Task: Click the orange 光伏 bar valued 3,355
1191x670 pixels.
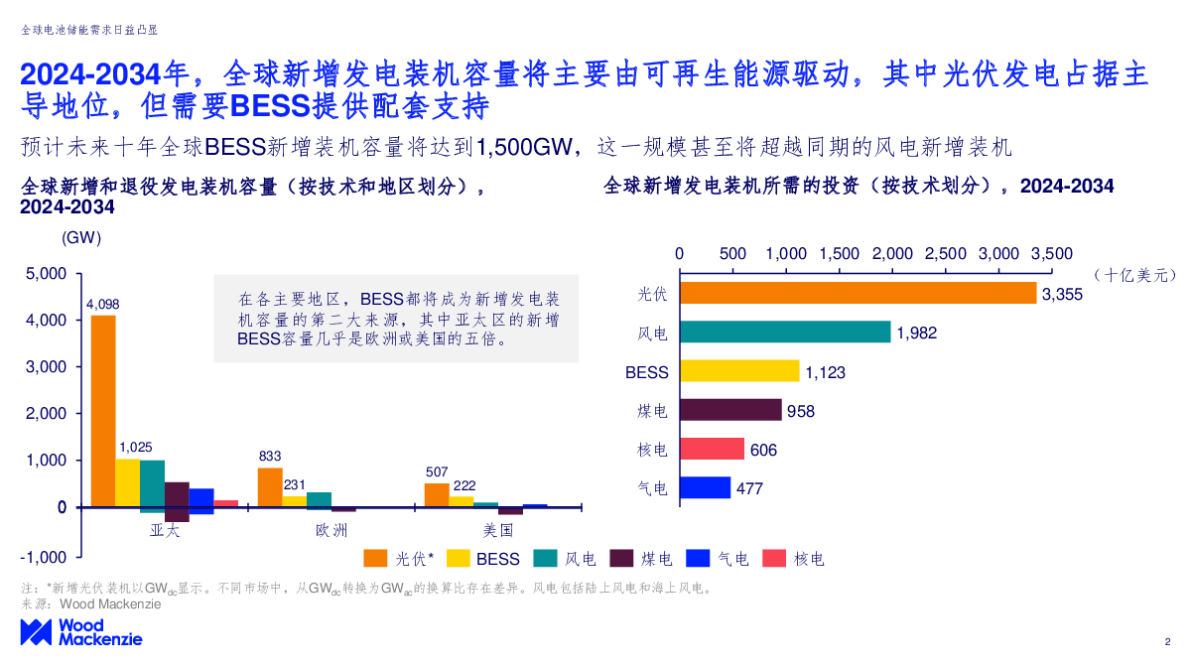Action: pyautogui.click(x=859, y=294)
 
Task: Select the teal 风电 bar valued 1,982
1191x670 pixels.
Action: pyautogui.click(x=785, y=333)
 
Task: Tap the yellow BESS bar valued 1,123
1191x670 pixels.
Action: pyautogui.click(x=739, y=371)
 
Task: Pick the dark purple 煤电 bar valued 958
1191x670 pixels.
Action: pyautogui.click(x=730, y=410)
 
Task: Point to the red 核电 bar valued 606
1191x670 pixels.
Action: pyautogui.click(x=712, y=449)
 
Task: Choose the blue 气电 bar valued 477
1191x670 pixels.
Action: pyautogui.click(x=705, y=487)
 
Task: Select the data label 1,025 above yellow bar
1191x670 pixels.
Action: pyautogui.click(x=135, y=448)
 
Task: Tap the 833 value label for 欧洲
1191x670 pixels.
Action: pyautogui.click(x=270, y=457)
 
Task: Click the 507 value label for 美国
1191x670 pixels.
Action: pyautogui.click(x=437, y=472)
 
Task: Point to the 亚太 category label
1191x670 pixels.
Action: pyautogui.click(x=165, y=530)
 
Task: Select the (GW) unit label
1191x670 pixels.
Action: pyautogui.click(x=81, y=238)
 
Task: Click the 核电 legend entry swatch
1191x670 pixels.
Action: pyautogui.click(x=774, y=559)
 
